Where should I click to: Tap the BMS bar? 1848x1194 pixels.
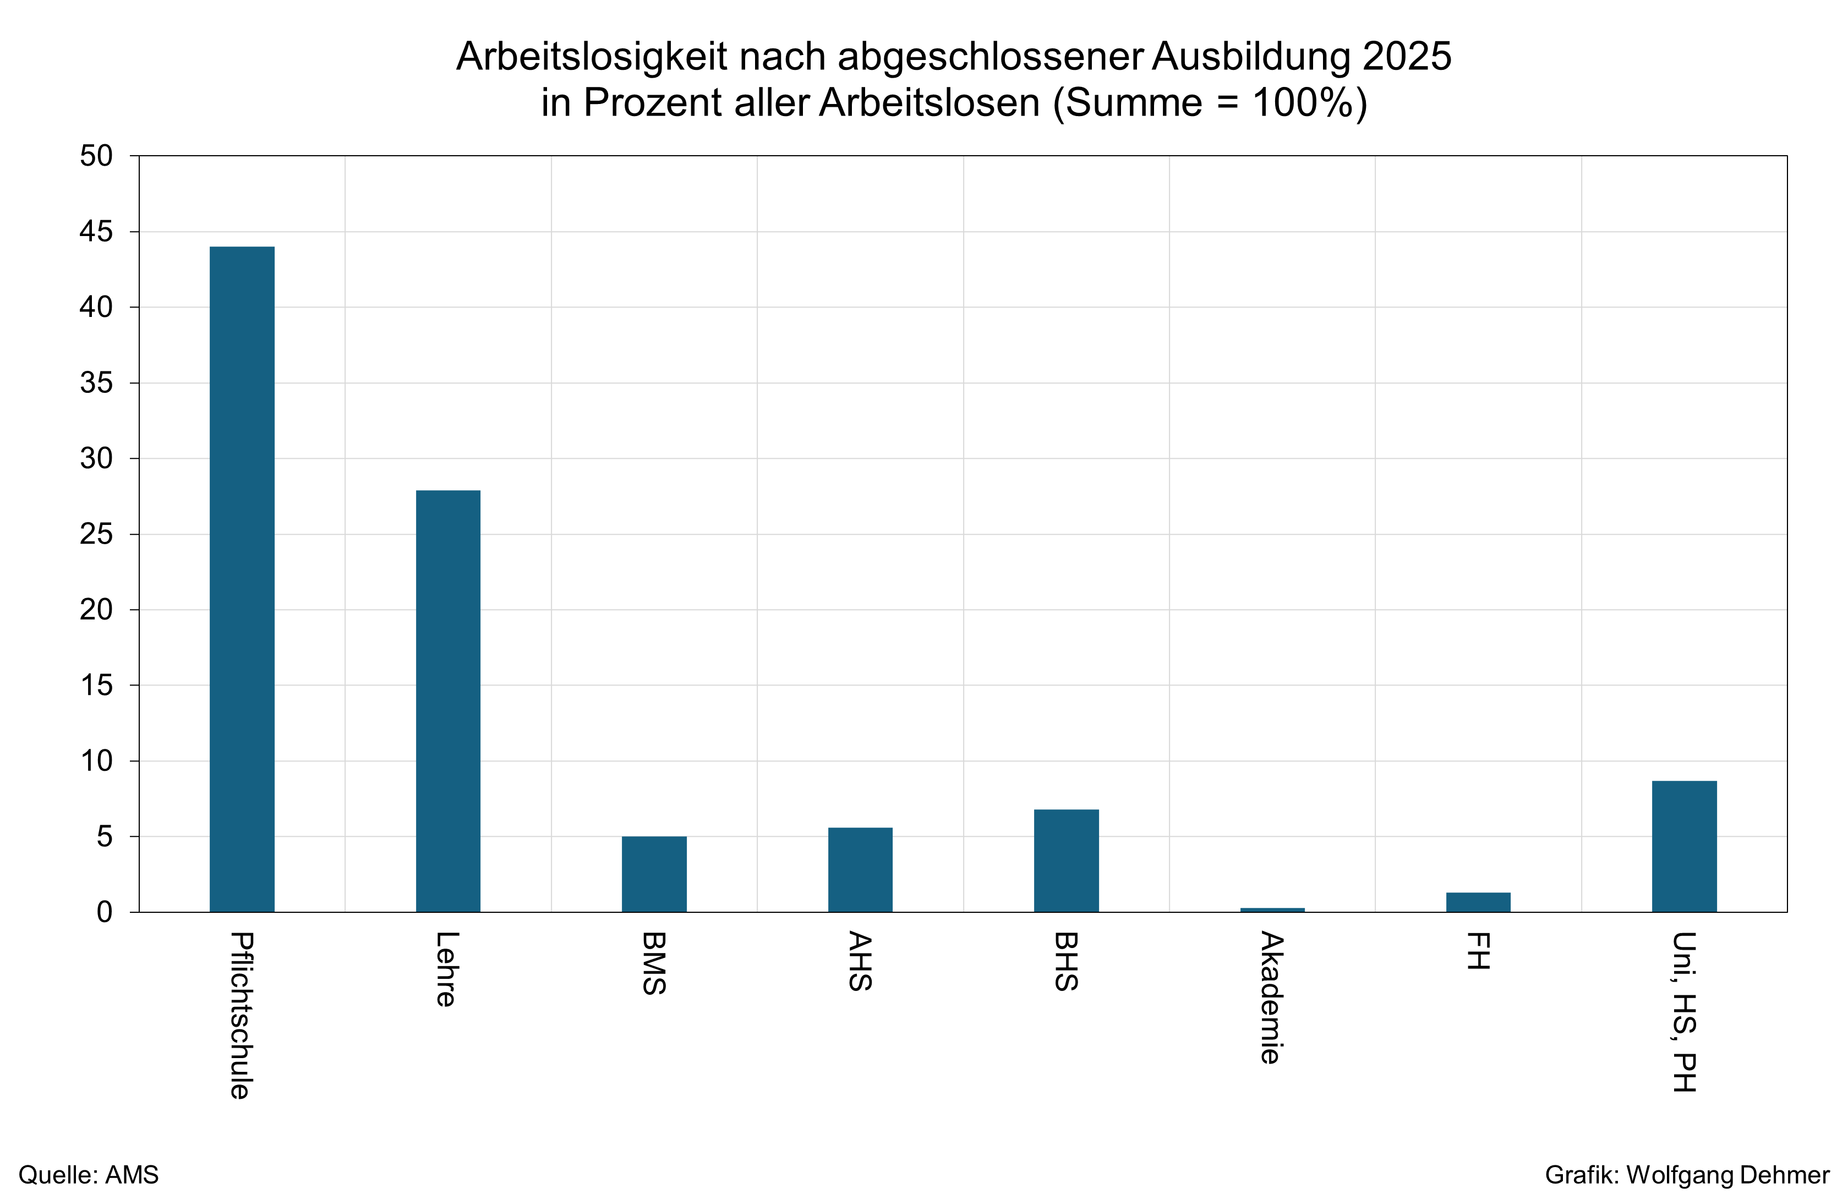point(654,874)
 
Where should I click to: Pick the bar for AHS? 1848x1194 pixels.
point(860,869)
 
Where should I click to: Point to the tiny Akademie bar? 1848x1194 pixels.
point(1272,910)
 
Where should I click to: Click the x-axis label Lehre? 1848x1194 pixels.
point(446,969)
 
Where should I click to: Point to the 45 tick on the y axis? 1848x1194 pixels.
point(96,231)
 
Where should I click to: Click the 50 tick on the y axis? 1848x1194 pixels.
point(96,156)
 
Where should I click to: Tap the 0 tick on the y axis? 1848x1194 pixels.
point(104,912)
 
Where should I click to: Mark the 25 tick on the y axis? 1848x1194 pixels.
point(96,534)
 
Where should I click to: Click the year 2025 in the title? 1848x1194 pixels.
point(1406,57)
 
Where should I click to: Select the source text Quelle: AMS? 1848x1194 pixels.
point(89,1175)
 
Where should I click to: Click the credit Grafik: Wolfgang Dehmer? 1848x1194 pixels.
point(1687,1175)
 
